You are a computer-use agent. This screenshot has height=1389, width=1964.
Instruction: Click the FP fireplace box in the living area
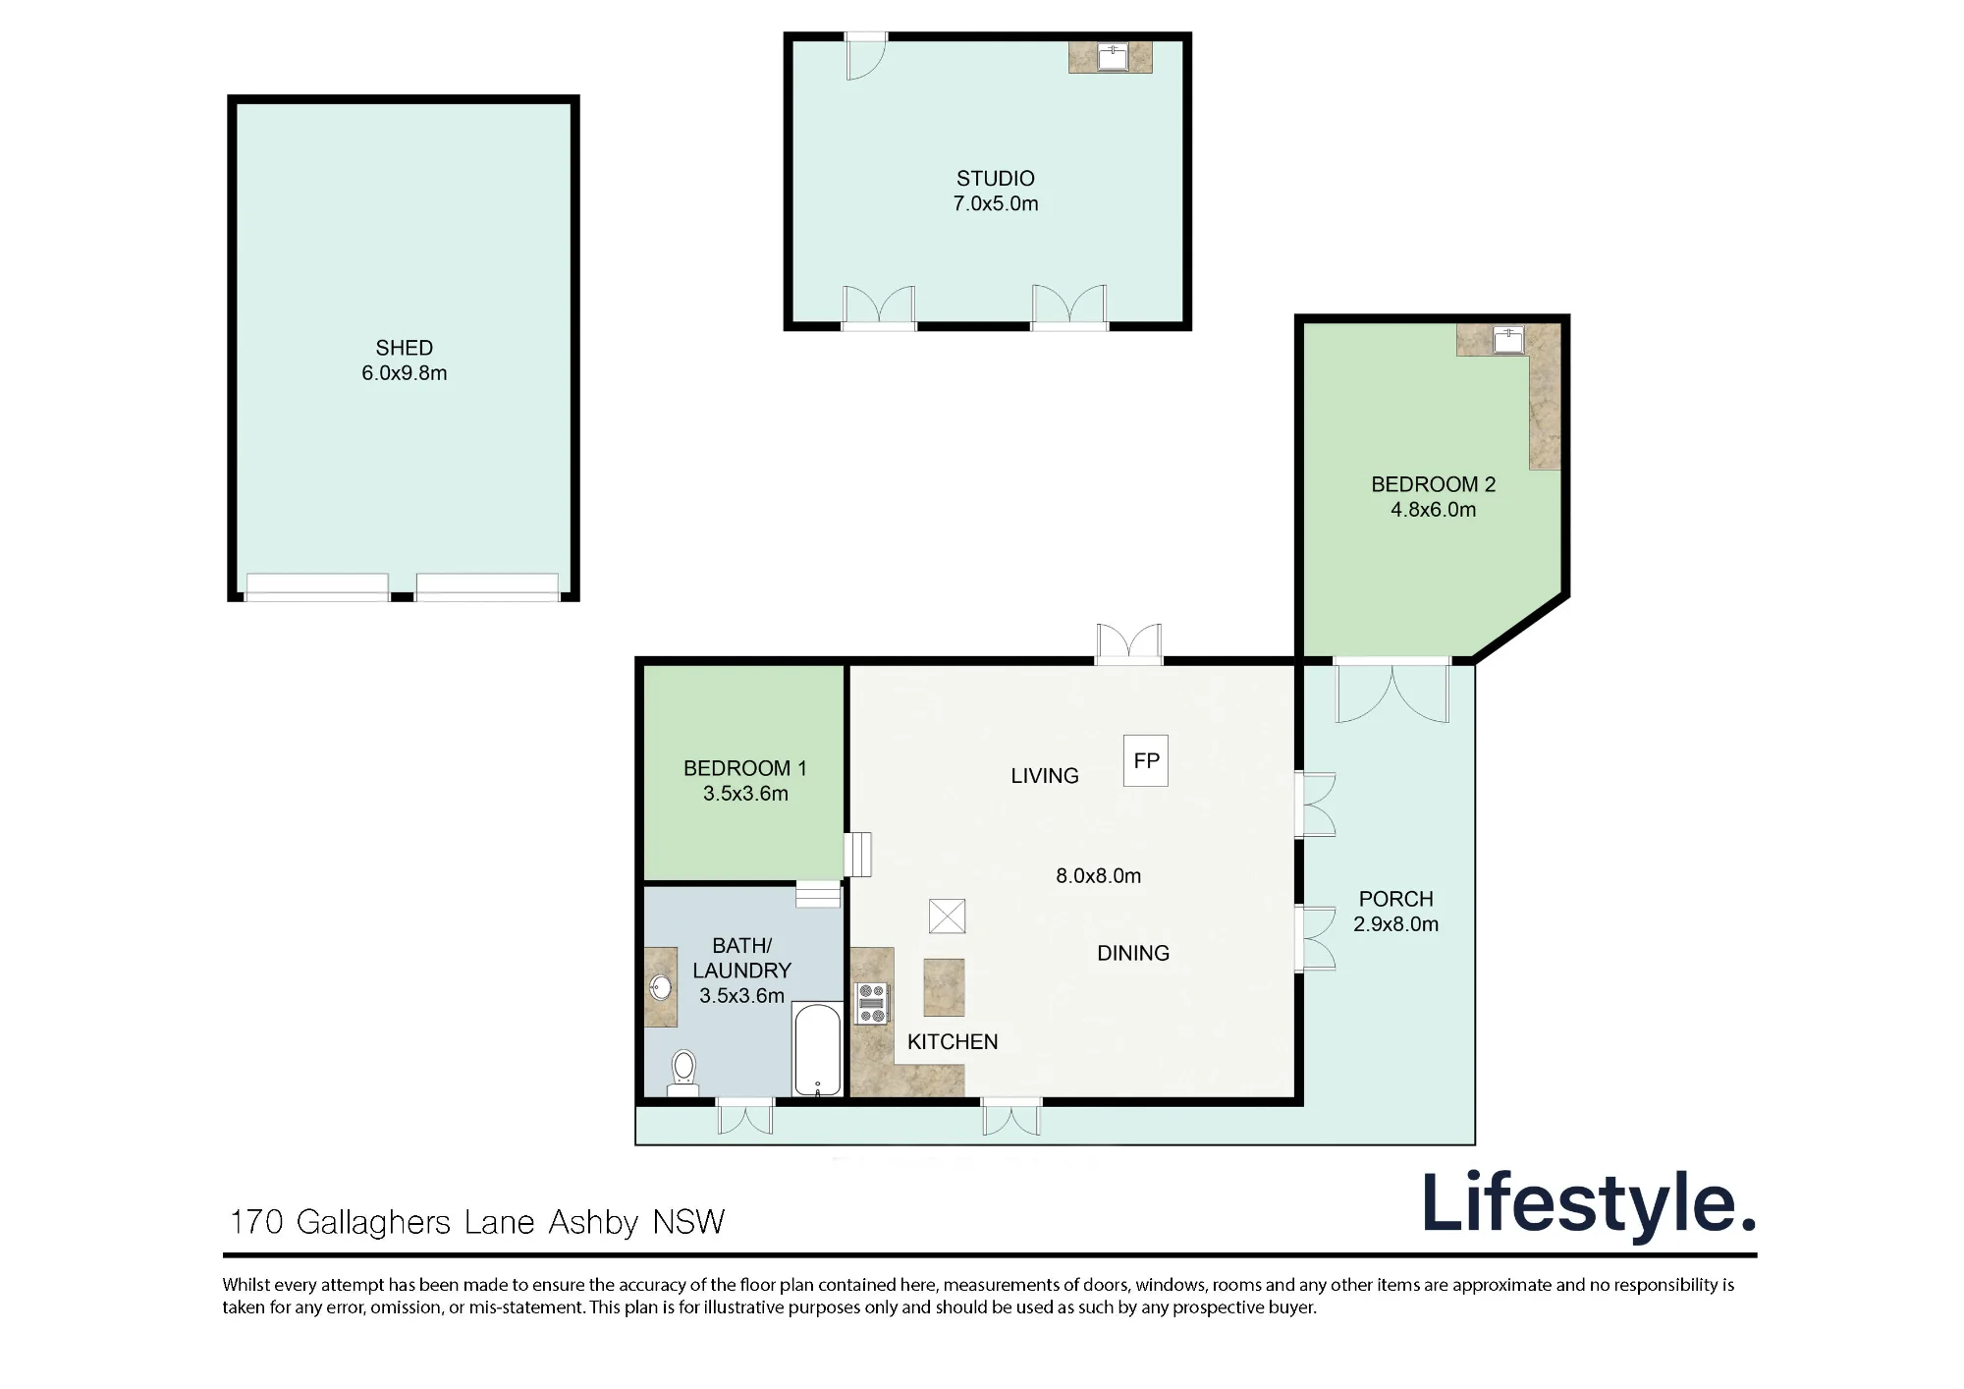tap(1146, 760)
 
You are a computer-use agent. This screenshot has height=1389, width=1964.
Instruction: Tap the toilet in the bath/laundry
tap(683, 1073)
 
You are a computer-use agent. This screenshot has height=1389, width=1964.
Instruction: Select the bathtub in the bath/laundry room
tap(817, 1049)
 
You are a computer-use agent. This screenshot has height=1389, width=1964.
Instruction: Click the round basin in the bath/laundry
tap(662, 986)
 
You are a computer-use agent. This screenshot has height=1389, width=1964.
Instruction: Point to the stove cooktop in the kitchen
tap(872, 1003)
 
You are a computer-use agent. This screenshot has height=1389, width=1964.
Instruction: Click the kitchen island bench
tap(944, 987)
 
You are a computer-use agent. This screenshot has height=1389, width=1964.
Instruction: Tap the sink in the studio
tap(1113, 57)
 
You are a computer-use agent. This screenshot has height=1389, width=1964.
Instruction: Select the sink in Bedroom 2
tap(1507, 340)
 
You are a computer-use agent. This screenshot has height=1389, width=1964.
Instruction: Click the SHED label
tap(405, 348)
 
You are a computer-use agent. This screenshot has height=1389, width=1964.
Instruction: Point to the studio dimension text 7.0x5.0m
tap(996, 203)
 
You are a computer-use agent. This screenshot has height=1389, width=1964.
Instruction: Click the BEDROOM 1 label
tap(745, 768)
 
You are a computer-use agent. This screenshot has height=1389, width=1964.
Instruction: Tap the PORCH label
tap(1396, 899)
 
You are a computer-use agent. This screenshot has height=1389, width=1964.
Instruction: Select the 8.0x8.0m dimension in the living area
tap(1099, 875)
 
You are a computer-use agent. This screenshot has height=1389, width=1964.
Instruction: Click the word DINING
tap(1133, 953)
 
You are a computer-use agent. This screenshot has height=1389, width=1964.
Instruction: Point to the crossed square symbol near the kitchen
tap(948, 917)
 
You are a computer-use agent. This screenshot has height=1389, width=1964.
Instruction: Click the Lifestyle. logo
tap(1589, 1203)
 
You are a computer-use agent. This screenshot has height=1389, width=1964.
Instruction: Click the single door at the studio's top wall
tap(866, 56)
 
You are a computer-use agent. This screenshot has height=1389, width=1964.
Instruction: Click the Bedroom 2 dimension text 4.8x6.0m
tap(1434, 509)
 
